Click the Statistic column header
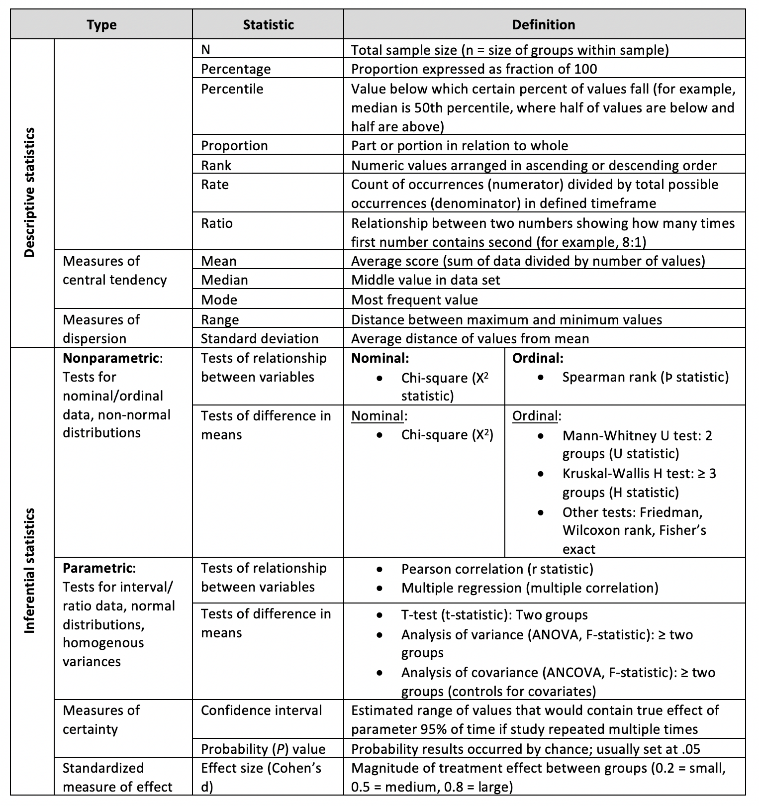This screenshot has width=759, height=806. pyautogui.click(x=268, y=25)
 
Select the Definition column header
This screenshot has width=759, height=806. pyautogui.click(x=544, y=25)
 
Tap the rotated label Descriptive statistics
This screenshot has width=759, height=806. pyautogui.click(x=30, y=193)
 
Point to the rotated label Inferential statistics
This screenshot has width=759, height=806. pyautogui.click(x=30, y=570)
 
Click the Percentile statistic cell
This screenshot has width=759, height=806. pyautogui.click(x=232, y=89)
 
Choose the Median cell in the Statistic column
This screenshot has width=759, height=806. pyautogui.click(x=224, y=280)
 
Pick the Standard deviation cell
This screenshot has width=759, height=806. pyautogui.click(x=259, y=339)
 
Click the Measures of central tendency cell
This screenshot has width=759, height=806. pyautogui.click(x=114, y=271)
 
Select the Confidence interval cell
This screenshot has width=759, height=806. pyautogui.click(x=261, y=710)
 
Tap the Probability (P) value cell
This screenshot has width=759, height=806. pyautogui.click(x=263, y=749)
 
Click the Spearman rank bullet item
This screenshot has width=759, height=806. pyautogui.click(x=645, y=377)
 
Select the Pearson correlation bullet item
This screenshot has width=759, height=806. pyautogui.click(x=497, y=569)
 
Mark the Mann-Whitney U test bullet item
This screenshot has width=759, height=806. pyautogui.click(x=637, y=444)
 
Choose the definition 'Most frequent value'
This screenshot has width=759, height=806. pyautogui.click(x=414, y=300)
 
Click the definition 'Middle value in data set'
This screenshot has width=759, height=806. pyautogui.click(x=425, y=280)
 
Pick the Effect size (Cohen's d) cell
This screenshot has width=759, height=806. pyautogui.click(x=261, y=777)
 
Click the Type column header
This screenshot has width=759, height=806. pyautogui.click(x=101, y=25)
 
